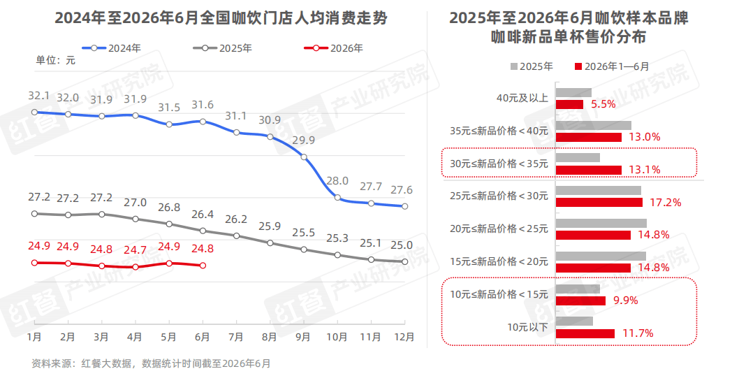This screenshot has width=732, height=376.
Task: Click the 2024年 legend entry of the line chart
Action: [112, 48]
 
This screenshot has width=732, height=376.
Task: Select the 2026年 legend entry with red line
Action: [333, 48]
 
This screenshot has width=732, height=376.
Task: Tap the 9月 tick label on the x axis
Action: [303, 337]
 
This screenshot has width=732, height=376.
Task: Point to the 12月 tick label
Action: [404, 337]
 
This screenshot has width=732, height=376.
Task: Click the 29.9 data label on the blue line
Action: [303, 140]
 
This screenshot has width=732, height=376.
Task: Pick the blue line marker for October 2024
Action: [337, 198]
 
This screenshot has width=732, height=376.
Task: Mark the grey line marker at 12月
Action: [404, 262]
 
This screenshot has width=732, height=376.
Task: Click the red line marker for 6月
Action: [203, 266]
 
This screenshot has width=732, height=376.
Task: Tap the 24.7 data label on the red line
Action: [136, 251]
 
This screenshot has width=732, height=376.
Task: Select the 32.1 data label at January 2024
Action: [38, 96]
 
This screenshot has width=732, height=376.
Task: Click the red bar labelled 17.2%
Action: [599, 202]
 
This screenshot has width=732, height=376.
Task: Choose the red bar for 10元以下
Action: [585, 333]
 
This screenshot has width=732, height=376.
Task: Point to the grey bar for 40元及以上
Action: [573, 92]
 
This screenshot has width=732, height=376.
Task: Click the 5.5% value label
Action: [603, 104]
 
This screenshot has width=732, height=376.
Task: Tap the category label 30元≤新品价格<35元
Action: [499, 164]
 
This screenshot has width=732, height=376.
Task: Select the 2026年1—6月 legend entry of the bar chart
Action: [612, 67]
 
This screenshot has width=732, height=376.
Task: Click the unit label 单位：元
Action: [56, 60]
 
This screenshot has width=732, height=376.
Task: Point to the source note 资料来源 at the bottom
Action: [151, 363]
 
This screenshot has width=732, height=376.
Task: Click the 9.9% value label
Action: [626, 301]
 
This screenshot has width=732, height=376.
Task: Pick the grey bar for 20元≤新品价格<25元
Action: [601, 223]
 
